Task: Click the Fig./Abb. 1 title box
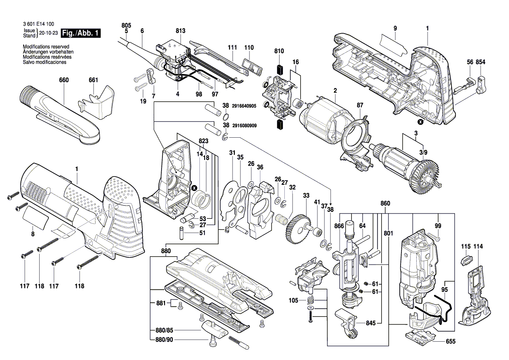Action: pos(81,33)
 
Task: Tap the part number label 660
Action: pos(64,80)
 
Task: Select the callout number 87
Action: pos(360,105)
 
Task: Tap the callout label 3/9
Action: pos(423,152)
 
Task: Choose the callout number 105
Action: pos(294,301)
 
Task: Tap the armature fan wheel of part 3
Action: pos(424,176)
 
